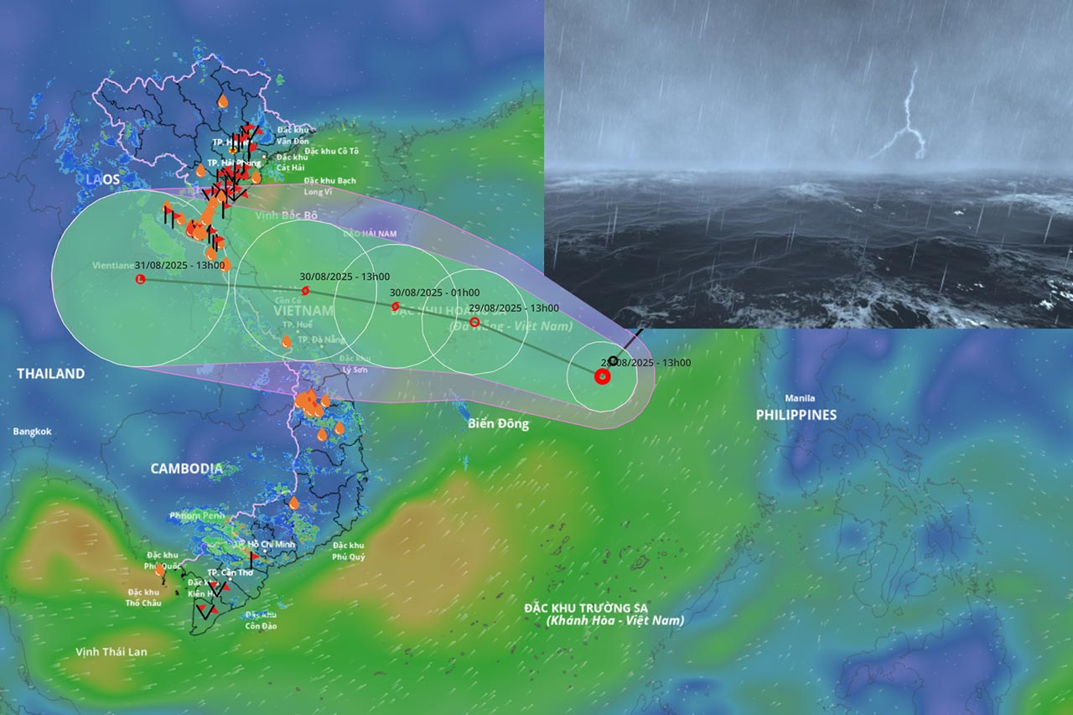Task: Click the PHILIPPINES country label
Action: tap(796, 415)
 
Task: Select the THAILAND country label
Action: tap(51, 374)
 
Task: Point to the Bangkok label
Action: tap(32, 432)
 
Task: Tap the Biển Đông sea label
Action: tap(499, 424)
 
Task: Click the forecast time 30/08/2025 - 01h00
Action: tap(434, 293)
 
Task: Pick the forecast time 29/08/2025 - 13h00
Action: tap(514, 308)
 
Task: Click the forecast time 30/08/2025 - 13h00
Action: tap(345, 277)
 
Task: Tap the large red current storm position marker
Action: tap(602, 376)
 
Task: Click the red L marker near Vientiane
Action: tap(140, 278)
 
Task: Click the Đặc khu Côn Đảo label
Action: tap(261, 621)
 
